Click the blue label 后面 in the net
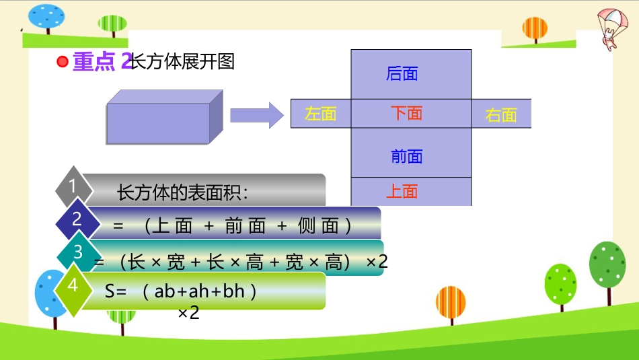click(402, 74)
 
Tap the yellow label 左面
click(320, 114)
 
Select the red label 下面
click(406, 113)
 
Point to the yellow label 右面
click(501, 115)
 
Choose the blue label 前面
click(407, 157)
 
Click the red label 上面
click(402, 192)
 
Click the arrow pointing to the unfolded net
click(256, 115)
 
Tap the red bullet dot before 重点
click(63, 63)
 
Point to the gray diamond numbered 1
click(73, 186)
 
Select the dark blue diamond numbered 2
click(77, 219)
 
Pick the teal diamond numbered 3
click(78, 252)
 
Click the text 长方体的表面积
click(183, 193)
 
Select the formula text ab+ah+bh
click(199, 291)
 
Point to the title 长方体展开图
click(182, 62)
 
